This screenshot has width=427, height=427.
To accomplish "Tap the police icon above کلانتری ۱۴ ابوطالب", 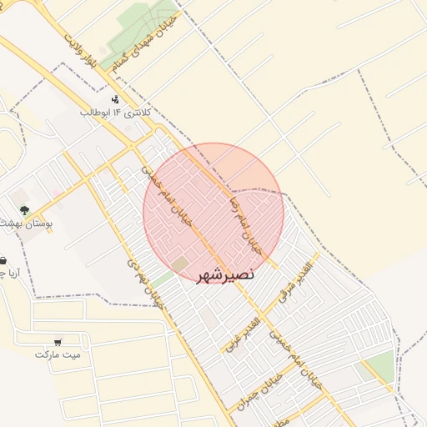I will tap(114, 99).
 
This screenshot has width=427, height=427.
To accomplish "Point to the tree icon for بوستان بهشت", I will tap(24, 211).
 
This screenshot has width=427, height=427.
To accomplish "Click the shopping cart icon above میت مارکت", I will tap(58, 341).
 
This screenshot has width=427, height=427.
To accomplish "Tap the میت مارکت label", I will tap(58, 354).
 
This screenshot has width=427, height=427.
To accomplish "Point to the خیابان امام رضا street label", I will tap(247, 224).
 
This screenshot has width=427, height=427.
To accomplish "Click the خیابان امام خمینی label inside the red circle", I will tap(181, 199).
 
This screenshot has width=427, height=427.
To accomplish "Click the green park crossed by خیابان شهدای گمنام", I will tap(133, 30).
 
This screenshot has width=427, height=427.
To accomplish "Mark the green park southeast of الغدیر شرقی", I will tap(379, 366).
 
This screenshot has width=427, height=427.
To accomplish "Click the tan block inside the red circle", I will tap(180, 265).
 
